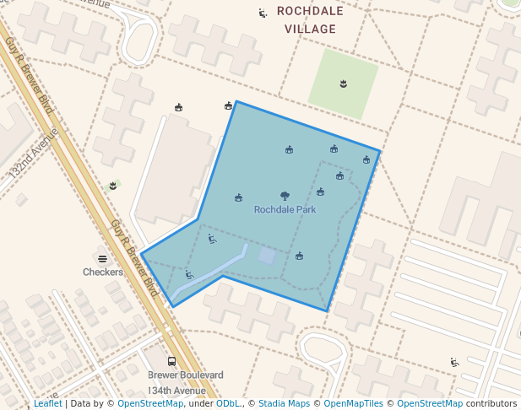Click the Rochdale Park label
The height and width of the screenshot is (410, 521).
tap(285, 209)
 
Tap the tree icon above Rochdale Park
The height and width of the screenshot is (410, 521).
tap(285, 196)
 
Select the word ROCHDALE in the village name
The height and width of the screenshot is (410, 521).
tap(310, 12)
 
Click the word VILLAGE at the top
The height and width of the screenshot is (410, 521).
tap(310, 30)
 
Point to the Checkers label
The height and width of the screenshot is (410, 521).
tap(102, 272)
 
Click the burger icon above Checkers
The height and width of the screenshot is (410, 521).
tap(102, 259)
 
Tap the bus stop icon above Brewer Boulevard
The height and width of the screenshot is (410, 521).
tap(172, 361)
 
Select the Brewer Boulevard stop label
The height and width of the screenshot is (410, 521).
tap(186, 375)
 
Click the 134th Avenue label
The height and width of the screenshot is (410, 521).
tap(177, 391)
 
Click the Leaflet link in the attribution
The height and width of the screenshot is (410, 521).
tap(48, 404)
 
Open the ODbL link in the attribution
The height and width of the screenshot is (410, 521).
tap(229, 404)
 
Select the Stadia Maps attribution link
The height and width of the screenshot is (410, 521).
tap(284, 404)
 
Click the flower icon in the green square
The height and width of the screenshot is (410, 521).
tap(343, 83)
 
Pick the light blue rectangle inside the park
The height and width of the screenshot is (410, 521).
tap(267, 256)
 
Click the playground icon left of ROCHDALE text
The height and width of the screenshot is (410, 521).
tap(263, 13)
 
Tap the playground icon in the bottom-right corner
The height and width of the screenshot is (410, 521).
tap(454, 363)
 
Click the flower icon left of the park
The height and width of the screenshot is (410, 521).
tap(112, 185)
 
